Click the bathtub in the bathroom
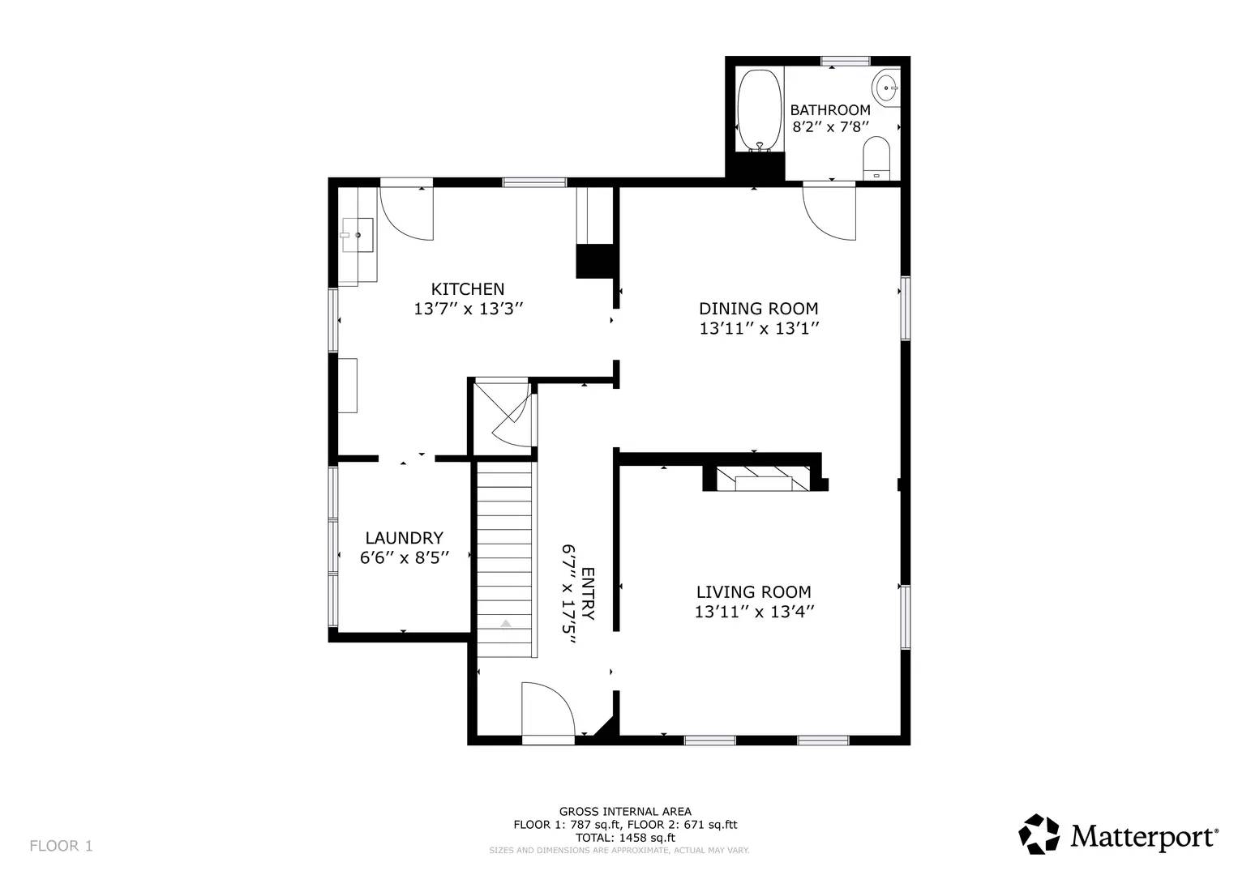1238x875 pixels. tap(760, 110)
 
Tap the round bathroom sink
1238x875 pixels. tap(888, 87)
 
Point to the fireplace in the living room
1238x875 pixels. tap(763, 479)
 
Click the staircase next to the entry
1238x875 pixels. tap(505, 559)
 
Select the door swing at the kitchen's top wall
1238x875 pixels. tap(406, 212)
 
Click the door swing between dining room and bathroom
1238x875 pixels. tap(829, 212)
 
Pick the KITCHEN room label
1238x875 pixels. tap(467, 289)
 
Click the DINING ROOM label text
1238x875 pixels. tap(758, 309)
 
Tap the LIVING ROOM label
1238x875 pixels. tap(753, 592)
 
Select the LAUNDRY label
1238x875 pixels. tap(404, 538)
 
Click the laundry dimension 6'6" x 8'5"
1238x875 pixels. tap(404, 557)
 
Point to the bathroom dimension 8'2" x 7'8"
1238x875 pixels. tap(830, 127)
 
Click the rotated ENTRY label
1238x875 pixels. tap(589, 594)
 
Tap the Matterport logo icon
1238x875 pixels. tap(1039, 834)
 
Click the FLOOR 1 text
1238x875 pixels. tap(62, 846)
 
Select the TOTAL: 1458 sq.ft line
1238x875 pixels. tap(625, 838)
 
